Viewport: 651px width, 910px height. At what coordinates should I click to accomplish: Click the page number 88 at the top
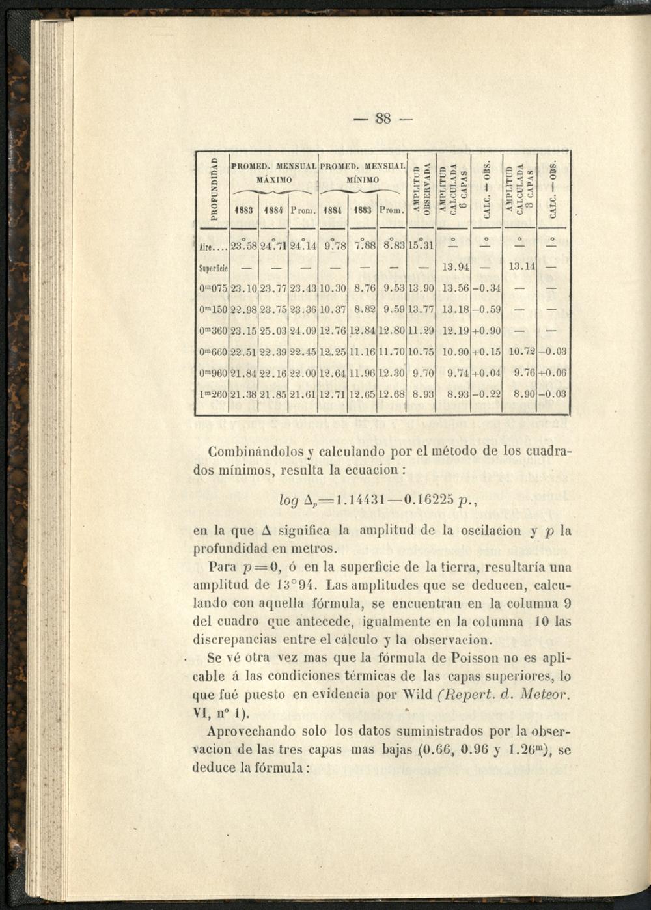click(383, 118)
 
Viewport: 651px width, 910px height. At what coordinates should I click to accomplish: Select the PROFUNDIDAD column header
click(213, 188)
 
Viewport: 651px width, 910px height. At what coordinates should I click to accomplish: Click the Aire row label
click(211, 247)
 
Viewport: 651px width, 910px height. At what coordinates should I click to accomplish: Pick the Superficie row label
click(212, 267)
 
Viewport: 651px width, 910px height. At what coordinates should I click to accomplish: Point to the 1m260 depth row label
click(213, 394)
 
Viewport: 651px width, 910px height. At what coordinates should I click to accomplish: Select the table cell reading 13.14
click(521, 266)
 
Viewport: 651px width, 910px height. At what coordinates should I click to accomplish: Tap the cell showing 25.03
click(273, 331)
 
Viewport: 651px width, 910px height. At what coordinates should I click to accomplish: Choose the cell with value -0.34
click(486, 288)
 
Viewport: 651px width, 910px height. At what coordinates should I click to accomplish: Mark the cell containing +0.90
click(486, 331)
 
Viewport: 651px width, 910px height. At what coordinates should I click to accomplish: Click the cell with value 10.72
click(521, 352)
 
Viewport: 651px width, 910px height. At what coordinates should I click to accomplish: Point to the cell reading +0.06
click(552, 373)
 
